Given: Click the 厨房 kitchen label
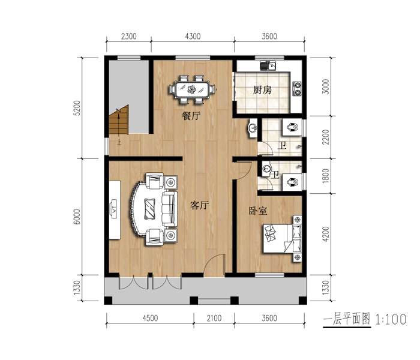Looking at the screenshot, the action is click(262, 90).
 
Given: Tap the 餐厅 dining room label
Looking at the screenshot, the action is click(191, 116).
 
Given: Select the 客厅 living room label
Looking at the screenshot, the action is click(200, 205).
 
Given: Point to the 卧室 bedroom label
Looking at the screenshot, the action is click(258, 211).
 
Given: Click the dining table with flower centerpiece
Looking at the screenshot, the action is click(192, 89).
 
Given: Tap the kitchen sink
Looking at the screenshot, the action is click(268, 65).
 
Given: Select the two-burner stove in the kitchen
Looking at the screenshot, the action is click(298, 88).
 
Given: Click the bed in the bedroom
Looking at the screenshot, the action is click(282, 238).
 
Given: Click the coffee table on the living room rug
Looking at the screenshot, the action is click(150, 209).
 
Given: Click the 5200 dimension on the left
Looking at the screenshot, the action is click(77, 108).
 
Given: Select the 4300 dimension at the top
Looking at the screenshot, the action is click(193, 36).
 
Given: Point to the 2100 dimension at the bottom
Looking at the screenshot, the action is click(214, 318).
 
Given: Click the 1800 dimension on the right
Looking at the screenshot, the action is click(325, 176).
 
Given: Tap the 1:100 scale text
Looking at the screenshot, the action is click(391, 319).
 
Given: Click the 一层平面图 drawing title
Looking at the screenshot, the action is click(347, 319).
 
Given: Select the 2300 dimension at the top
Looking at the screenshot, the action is click(129, 36).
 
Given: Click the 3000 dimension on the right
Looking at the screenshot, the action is click(325, 86).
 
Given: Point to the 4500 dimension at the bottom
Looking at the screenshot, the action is click(150, 318).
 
